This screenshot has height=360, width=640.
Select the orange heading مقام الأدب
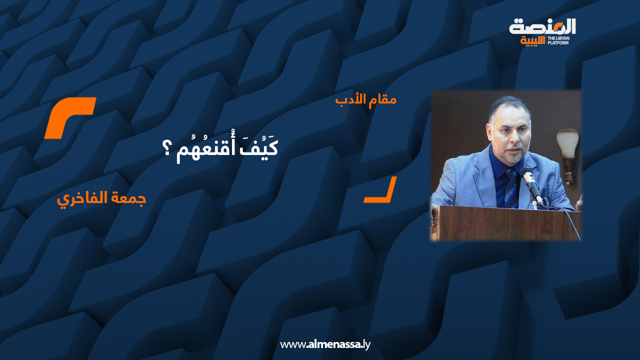[x=366, y=99]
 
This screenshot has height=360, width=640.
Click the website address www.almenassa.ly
[x=325, y=344]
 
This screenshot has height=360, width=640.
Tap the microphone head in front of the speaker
[x=525, y=173]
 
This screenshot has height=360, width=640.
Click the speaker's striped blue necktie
[x=511, y=188]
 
